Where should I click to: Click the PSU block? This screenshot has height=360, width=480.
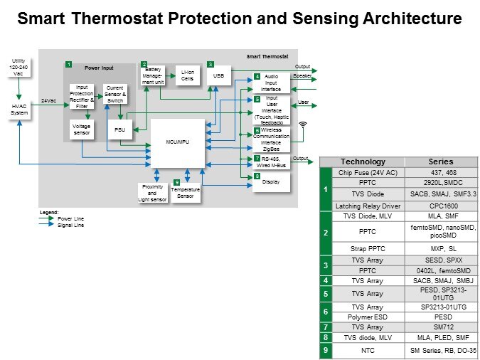click(118, 131)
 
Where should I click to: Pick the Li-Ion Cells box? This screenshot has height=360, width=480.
click(188, 75)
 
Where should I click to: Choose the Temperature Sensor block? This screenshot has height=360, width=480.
click(186, 193)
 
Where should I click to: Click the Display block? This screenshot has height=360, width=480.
click(272, 181)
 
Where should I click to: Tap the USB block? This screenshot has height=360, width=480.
click(219, 75)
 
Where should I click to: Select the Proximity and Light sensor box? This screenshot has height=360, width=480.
click(151, 192)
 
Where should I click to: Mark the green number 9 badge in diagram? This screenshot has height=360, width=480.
click(176, 183)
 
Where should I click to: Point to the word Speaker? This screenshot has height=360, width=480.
click(303, 76)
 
